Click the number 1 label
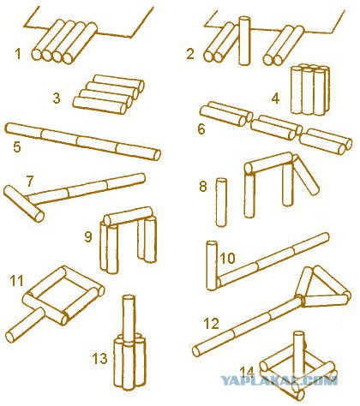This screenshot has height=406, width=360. pos(18,54)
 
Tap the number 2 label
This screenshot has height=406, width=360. pos(190,54)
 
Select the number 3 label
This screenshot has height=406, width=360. pos(57,98)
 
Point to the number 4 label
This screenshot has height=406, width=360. pos(275,99)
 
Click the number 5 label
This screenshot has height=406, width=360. pos(17,146)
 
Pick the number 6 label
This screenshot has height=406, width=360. pos(201,129)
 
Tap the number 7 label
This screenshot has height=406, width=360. pos(30,181)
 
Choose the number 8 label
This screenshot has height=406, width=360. pos(203,187)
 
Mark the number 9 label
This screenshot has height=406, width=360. pos(88,236)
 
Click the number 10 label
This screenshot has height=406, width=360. pos(227,258)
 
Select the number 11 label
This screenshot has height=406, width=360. pos(16,281)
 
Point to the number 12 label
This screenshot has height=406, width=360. pos(212,324)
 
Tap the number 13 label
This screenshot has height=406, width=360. pos(99,359)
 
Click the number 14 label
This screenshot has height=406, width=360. pos(247,372)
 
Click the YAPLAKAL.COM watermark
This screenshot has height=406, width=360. pos(279,380)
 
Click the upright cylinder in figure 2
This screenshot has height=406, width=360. pos(244,41)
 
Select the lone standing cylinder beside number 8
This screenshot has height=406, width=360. pos(221,202)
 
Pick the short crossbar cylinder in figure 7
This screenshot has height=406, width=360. pos(24,204)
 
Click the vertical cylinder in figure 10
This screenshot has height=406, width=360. pos(212,266)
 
